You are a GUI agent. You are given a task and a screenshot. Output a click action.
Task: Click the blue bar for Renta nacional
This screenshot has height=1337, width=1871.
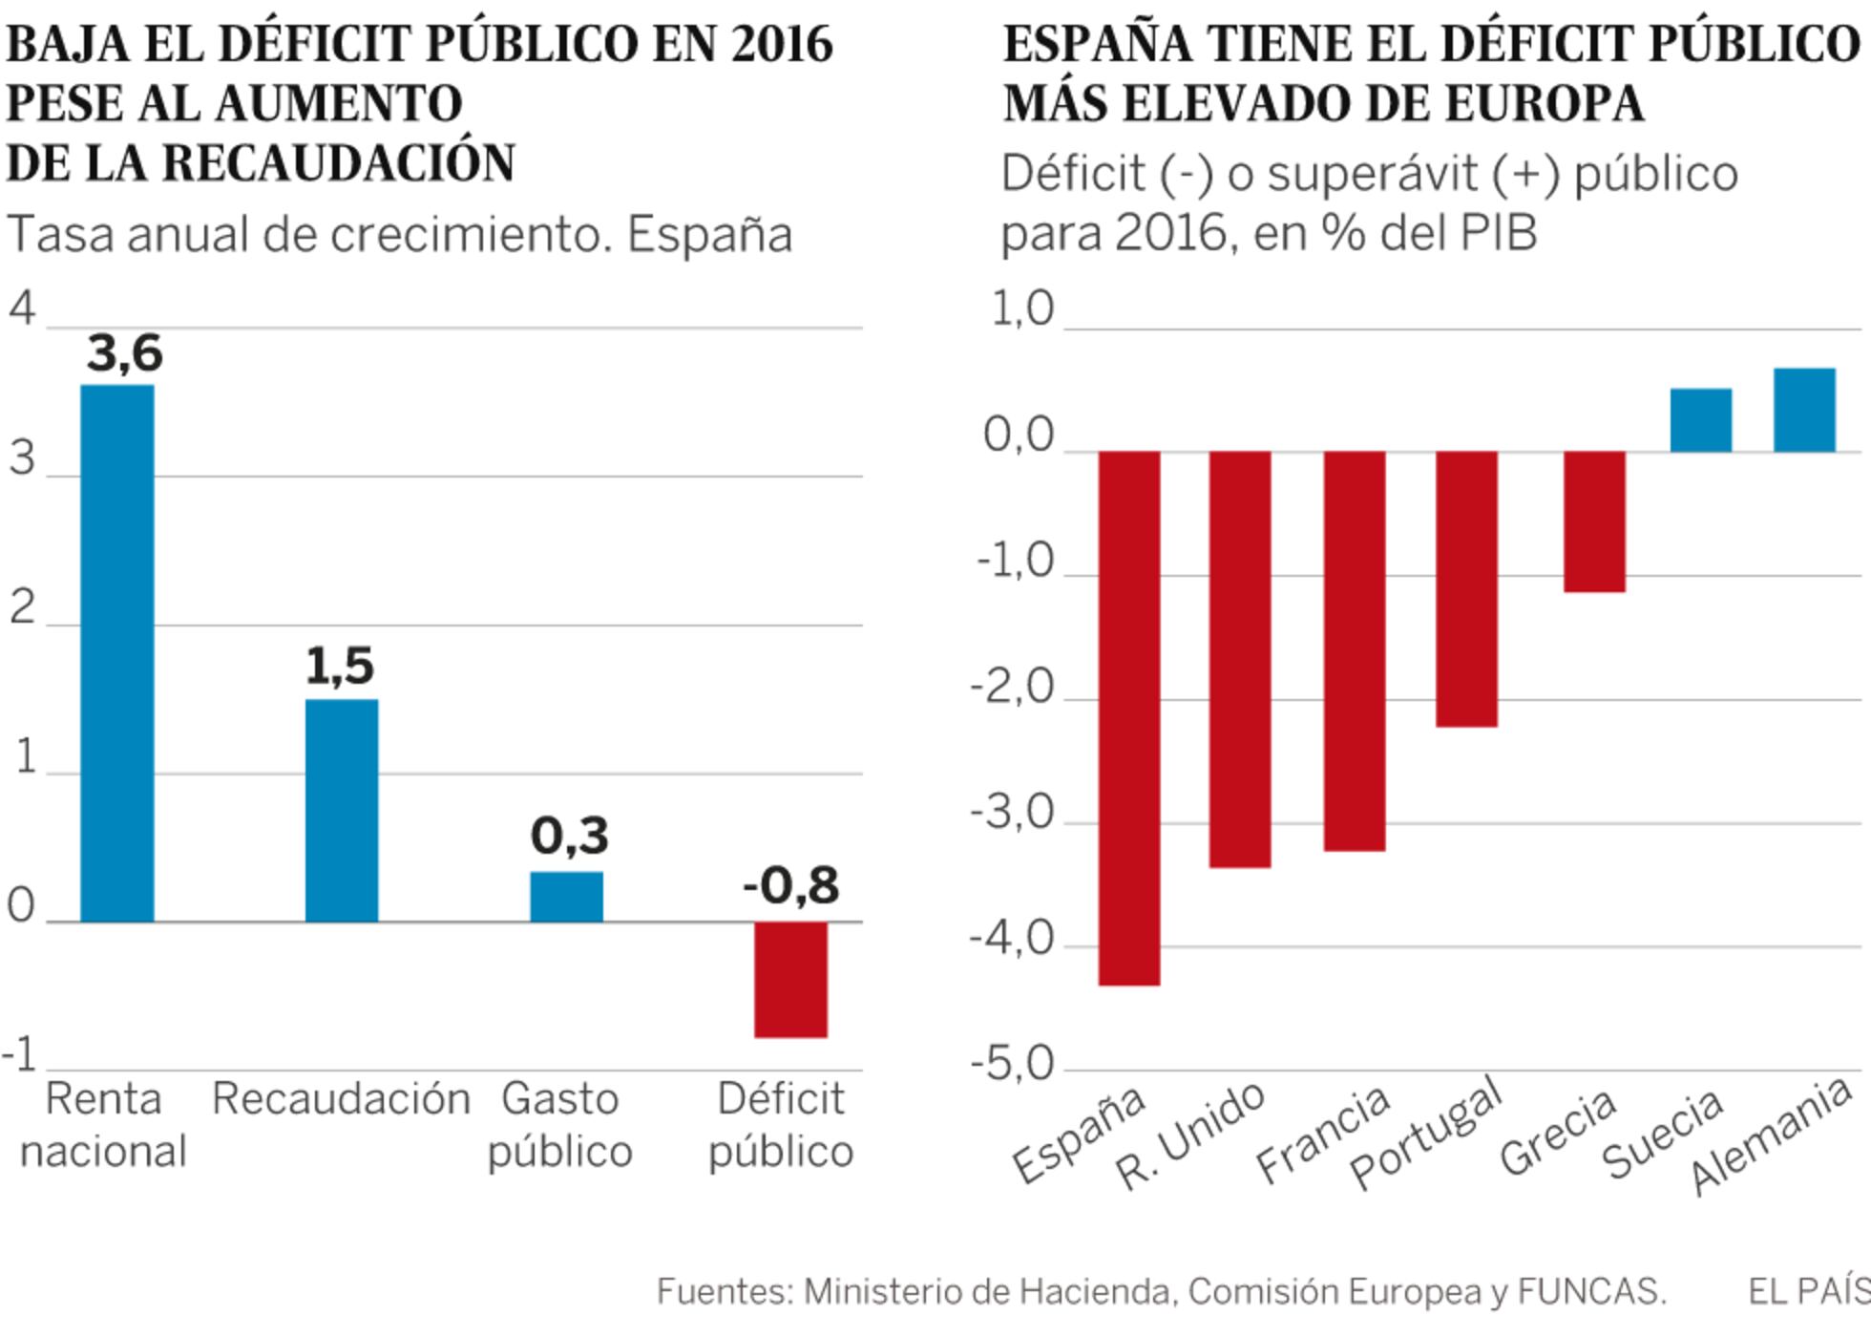point(116,653)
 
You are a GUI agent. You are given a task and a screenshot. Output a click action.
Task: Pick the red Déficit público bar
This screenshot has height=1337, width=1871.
point(790,979)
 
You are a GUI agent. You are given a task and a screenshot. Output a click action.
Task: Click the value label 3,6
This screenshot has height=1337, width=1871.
point(124,353)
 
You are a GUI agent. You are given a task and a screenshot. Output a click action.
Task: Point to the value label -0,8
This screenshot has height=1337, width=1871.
point(790,885)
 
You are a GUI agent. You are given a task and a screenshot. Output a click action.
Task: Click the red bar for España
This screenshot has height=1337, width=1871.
point(1129,717)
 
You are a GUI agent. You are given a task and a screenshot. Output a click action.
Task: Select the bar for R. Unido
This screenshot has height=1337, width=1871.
point(1240,659)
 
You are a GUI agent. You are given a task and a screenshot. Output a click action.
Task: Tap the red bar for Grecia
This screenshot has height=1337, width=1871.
point(1594,521)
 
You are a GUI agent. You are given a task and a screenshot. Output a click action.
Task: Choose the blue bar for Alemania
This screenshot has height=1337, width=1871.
point(1804,410)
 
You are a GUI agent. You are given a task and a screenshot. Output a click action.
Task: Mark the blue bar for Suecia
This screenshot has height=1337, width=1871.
point(1700,420)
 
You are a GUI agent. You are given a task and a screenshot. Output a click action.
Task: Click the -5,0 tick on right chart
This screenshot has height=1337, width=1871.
point(1012,1064)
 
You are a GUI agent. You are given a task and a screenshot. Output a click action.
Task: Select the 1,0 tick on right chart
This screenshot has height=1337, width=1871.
point(1021,309)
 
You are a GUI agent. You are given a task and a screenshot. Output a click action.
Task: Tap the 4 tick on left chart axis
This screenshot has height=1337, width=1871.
point(21,308)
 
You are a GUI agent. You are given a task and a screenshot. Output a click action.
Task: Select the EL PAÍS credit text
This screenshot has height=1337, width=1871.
point(1808,1292)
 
